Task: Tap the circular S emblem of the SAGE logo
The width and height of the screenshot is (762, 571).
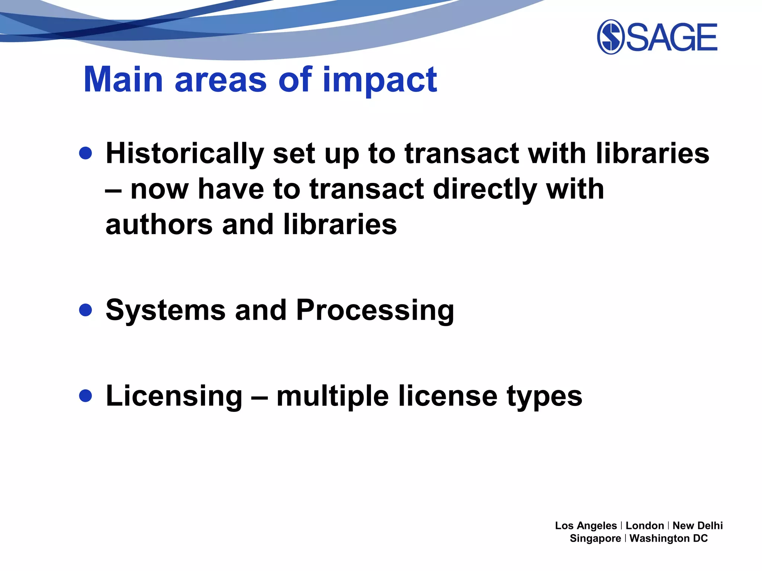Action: (x=610, y=37)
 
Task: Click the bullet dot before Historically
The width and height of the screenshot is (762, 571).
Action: (x=86, y=153)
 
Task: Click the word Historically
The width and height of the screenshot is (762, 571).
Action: (x=185, y=154)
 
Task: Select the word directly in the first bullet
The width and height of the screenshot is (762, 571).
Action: (x=485, y=190)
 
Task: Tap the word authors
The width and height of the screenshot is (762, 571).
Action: (x=159, y=225)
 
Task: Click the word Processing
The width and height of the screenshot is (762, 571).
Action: (x=375, y=311)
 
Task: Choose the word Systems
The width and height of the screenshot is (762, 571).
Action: (x=166, y=310)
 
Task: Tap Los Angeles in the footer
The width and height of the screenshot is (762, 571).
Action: (x=586, y=526)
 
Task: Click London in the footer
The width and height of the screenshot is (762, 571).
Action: (x=645, y=526)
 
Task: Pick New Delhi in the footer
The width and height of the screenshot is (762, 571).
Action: (x=697, y=526)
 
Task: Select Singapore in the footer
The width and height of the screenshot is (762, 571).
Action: (x=595, y=538)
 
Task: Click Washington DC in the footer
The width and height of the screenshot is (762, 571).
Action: (x=668, y=538)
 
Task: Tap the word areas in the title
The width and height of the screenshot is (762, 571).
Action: (x=221, y=80)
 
